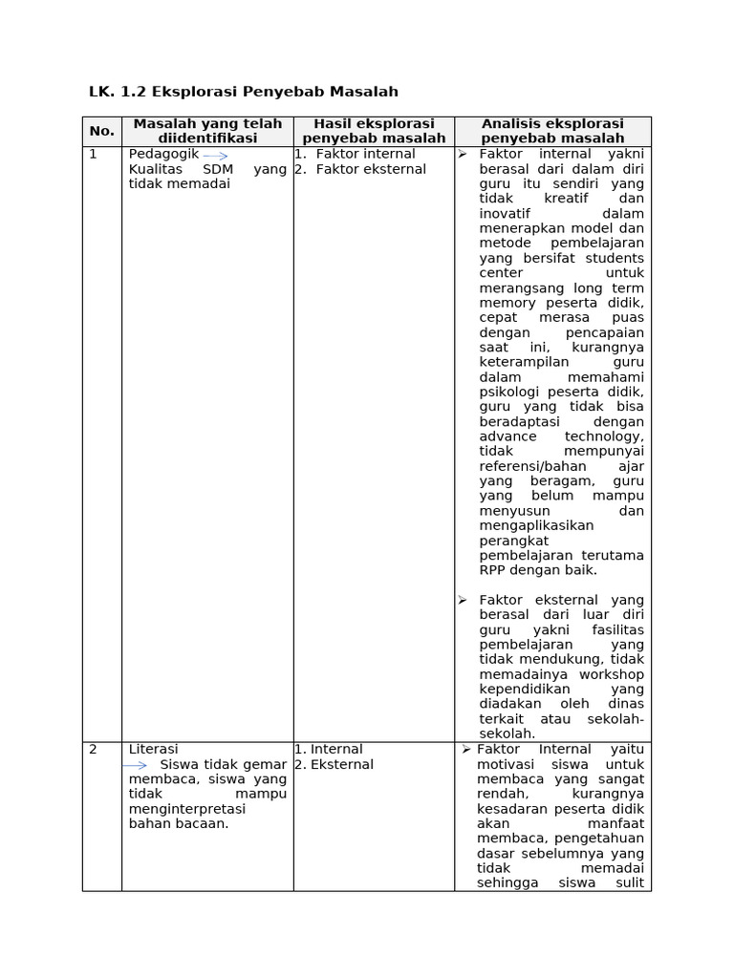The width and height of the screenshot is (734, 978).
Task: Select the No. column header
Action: pyautogui.click(x=102, y=131)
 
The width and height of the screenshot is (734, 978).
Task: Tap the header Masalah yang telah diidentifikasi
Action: pyautogui.click(x=207, y=131)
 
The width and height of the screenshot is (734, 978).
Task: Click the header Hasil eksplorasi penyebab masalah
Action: pyautogui.click(x=374, y=131)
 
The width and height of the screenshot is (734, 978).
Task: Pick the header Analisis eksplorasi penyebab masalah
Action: pyautogui.click(x=552, y=131)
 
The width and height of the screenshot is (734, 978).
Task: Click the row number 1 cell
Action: pyautogui.click(x=94, y=154)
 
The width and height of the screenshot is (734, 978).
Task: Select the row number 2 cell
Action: pyautogui.click(x=94, y=750)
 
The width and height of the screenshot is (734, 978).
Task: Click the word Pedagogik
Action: pyautogui.click(x=163, y=154)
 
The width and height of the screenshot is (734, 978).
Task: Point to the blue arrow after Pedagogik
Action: pyautogui.click(x=215, y=155)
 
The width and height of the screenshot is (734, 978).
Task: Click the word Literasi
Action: pyautogui.click(x=153, y=750)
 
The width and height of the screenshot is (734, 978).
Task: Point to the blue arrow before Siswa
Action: pyautogui.click(x=135, y=765)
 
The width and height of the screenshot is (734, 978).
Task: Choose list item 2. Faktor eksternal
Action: pyautogui.click(x=360, y=169)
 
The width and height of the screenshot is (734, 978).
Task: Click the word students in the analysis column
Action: pyautogui.click(x=615, y=258)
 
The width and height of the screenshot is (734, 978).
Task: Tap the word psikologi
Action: pyautogui.click(x=509, y=392)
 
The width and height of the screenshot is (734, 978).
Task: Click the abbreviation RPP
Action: pyautogui.click(x=493, y=570)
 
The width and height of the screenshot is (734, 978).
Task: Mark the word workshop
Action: pyautogui.click(x=611, y=674)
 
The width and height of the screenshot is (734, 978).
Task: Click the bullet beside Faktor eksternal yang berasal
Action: pyautogui.click(x=462, y=600)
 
